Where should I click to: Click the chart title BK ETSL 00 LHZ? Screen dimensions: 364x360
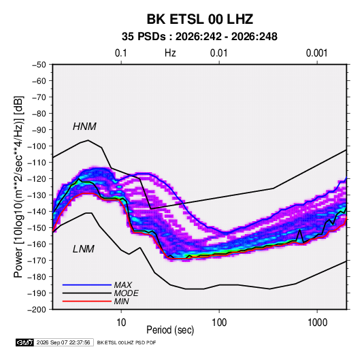[199, 19]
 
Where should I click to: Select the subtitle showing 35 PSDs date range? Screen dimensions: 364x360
[199, 37]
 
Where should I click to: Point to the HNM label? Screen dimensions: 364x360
[84, 127]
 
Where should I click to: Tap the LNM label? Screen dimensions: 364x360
[84, 249]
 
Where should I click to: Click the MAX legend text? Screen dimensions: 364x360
[122, 285]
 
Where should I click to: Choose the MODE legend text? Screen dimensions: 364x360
[127, 293]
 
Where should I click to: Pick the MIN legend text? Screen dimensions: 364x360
[121, 301]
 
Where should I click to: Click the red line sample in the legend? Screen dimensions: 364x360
[87, 301]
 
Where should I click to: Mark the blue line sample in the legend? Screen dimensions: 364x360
[87, 285]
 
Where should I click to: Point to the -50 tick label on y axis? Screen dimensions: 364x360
[39, 65]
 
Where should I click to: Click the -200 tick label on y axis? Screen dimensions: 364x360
[37, 310]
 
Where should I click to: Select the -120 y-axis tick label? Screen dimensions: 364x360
[37, 179]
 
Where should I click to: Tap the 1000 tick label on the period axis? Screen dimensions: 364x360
[317, 323]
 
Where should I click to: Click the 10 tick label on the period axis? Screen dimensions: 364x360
[121, 323]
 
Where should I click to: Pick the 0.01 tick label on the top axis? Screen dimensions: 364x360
[219, 53]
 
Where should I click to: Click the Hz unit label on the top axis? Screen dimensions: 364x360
[170, 53]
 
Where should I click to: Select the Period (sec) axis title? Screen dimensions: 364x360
[170, 330]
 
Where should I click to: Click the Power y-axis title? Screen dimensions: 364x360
[18, 186]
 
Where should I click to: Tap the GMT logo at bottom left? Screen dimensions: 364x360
[25, 342]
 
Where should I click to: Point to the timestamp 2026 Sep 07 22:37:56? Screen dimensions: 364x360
[63, 342]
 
